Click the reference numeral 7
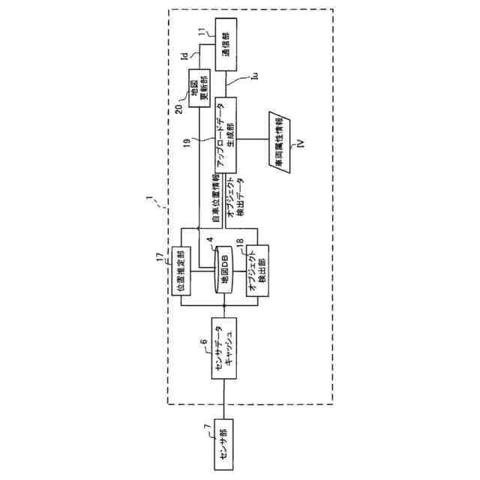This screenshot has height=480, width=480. pyautogui.click(x=208, y=427)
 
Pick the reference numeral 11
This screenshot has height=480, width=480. pyautogui.click(x=200, y=31)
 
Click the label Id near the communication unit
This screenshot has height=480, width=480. pyautogui.click(x=184, y=55)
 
